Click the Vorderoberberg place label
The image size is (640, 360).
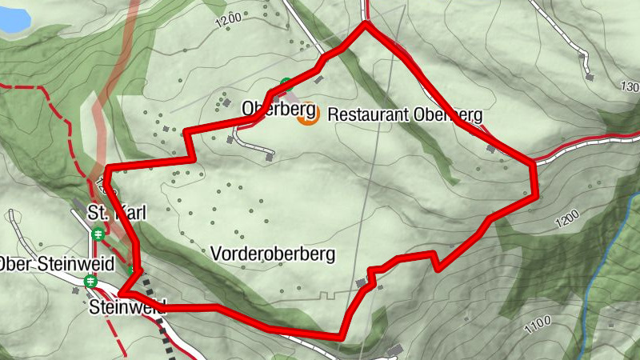pos(273,254)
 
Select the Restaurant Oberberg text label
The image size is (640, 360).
pos(406,114)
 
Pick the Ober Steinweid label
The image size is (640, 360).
pos(55,263)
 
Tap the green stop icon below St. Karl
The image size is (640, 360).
pos(98,234)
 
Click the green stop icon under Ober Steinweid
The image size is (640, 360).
pos(90,281)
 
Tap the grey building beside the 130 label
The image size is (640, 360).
pos(590,77)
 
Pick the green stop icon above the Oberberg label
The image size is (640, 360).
pos(286,83)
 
